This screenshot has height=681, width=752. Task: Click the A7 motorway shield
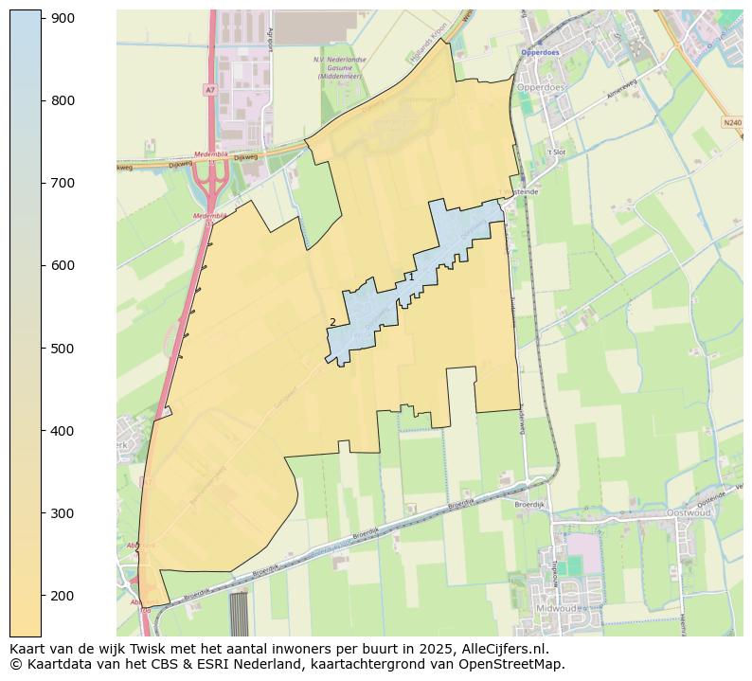(x=208, y=89)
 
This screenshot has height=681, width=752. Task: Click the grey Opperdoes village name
(x=542, y=87)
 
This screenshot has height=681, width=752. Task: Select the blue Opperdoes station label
(x=540, y=52)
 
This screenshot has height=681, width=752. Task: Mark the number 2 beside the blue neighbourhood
(x=332, y=322)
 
